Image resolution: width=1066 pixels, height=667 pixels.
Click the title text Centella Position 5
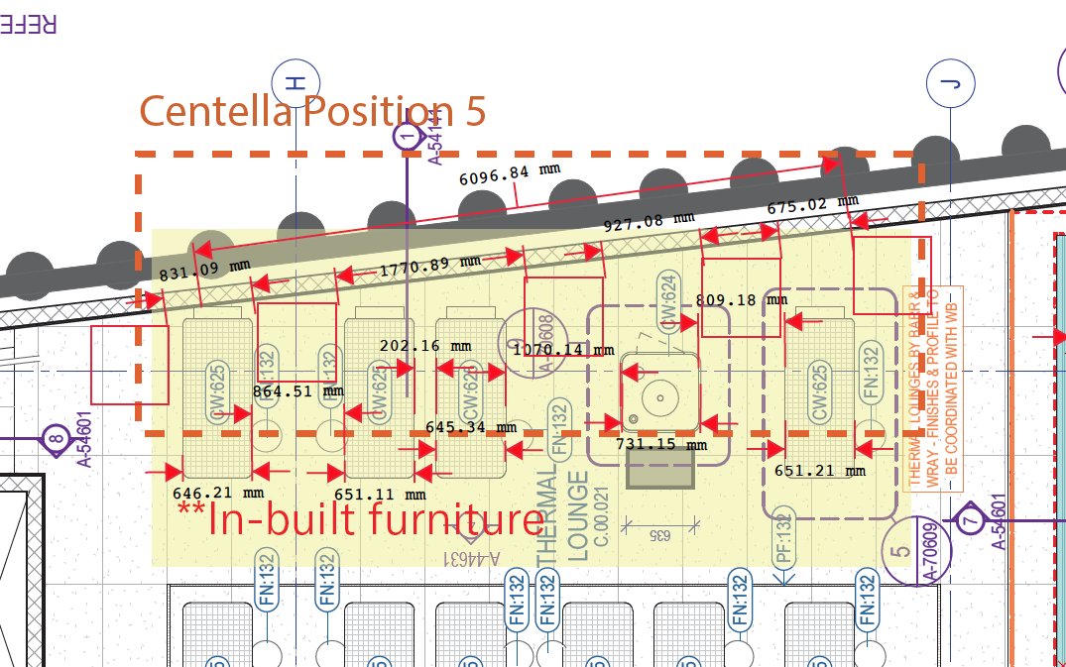click(312, 110)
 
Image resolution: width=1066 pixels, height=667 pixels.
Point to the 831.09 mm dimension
click(205, 269)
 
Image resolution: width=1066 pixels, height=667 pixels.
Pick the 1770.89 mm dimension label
click(429, 264)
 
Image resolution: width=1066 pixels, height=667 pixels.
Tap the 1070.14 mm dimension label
click(562, 349)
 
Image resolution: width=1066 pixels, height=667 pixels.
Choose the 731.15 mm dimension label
click(661, 444)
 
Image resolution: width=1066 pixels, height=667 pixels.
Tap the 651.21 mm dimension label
click(819, 471)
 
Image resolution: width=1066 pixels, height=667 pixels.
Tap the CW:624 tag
click(667, 303)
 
